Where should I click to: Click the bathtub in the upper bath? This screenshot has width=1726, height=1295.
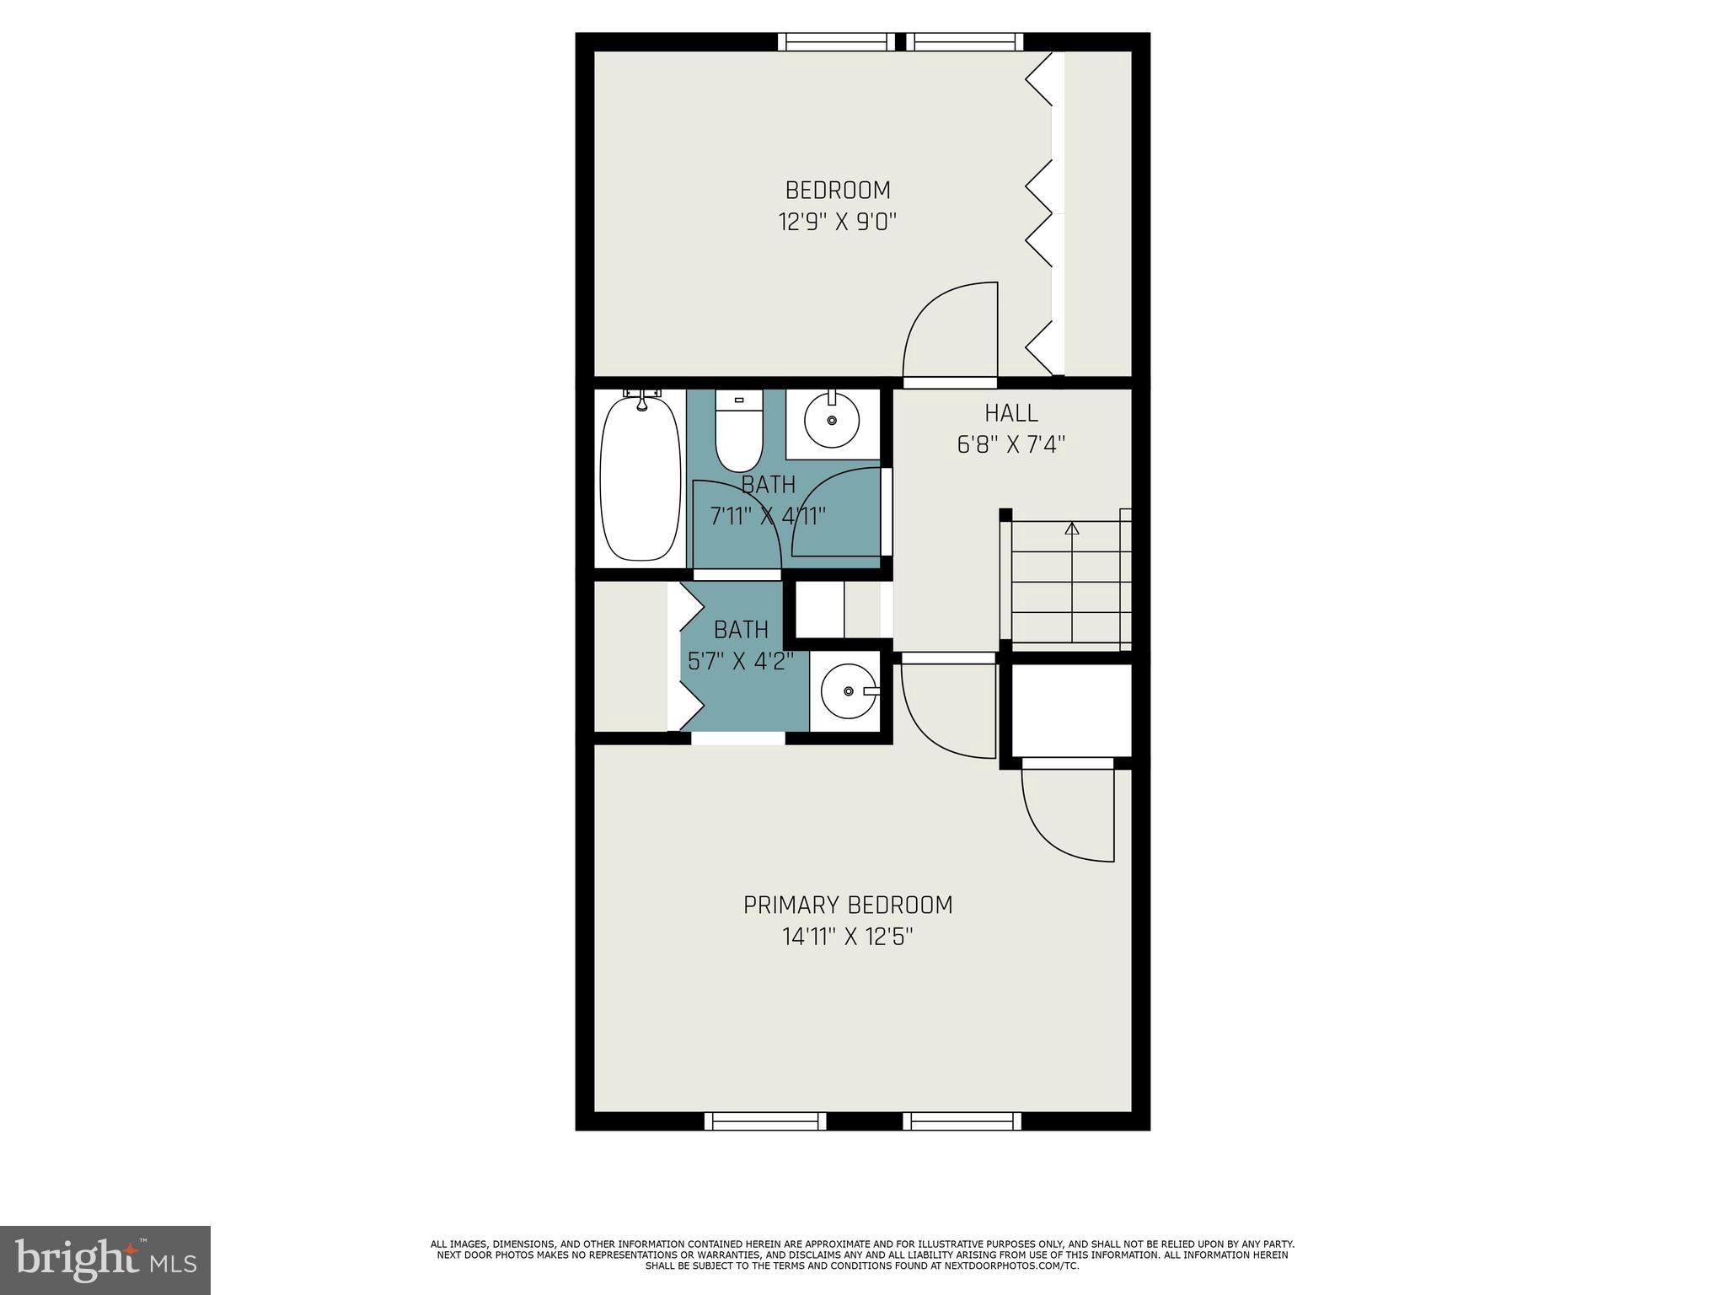coord(640,478)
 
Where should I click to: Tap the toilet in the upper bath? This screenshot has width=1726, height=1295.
coord(738,433)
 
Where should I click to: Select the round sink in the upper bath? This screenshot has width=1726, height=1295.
coord(832,419)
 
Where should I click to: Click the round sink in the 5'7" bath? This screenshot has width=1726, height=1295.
coord(849,691)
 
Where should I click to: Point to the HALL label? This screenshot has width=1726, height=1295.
coord(1011,413)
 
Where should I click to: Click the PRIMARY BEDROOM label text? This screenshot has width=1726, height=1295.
coord(848,905)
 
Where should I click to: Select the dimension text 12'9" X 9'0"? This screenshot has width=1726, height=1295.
coord(837,223)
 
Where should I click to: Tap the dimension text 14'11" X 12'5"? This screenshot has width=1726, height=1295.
coord(848,937)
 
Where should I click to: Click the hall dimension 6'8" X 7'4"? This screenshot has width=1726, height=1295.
coord(1011,444)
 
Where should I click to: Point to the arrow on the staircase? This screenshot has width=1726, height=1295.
coord(1072,529)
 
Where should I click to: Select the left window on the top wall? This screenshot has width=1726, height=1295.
coord(836,42)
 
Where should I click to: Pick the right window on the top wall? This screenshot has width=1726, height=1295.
coord(965,42)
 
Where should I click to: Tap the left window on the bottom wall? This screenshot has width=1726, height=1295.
coord(765,1120)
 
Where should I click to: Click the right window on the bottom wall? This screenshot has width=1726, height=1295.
coord(962,1120)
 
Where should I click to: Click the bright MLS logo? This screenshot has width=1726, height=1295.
coord(105,1260)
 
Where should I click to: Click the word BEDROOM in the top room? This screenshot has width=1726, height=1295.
coord(838,191)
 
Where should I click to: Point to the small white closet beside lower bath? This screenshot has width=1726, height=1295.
coord(819,610)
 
